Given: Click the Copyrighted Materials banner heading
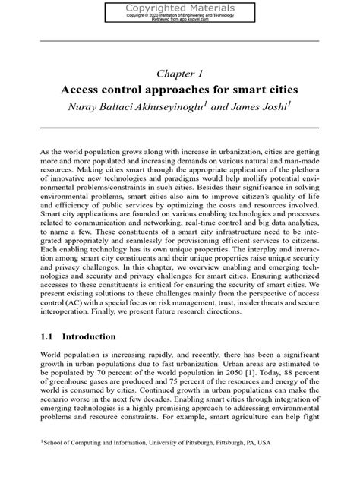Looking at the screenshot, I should [x=179, y=6].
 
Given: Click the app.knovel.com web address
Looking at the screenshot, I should [x=196, y=20].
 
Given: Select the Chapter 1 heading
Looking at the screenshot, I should [x=179, y=74].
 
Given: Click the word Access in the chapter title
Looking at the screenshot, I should [x=82, y=90].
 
